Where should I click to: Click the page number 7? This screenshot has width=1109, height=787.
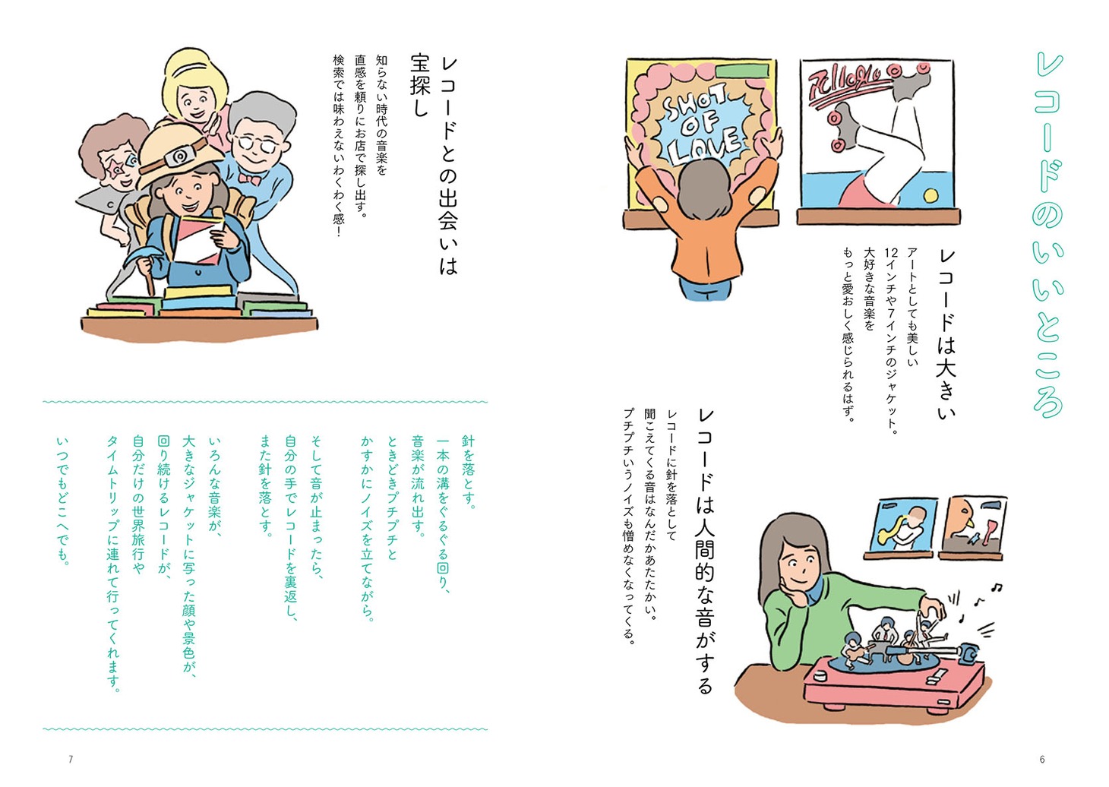pyautogui.click(x=71, y=759)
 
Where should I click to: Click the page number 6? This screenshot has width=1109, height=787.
pyautogui.click(x=1041, y=759)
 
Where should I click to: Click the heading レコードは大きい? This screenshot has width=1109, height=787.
pyautogui.click(x=946, y=334)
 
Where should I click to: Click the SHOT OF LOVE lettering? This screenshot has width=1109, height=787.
pyautogui.click(x=702, y=125)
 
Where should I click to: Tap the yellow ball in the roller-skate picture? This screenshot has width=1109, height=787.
pyautogui.click(x=930, y=195)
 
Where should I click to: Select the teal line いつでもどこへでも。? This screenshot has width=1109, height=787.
pyautogui.click(x=63, y=501)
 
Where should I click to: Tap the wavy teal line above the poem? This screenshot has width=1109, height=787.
pyautogui.click(x=265, y=402)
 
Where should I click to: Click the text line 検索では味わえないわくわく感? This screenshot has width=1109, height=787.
pyautogui.click(x=339, y=145)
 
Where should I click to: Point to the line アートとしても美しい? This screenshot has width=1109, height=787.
pyautogui.click(x=912, y=307)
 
